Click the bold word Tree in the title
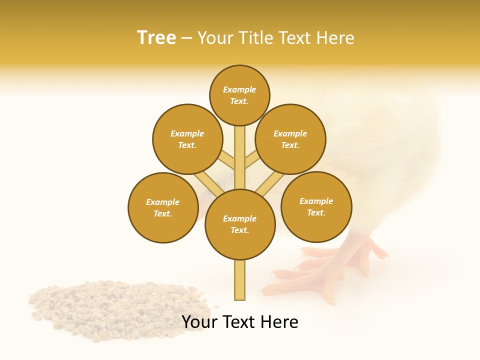pos(156,38)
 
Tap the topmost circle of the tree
pos(239,95)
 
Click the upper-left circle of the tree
pos(187,139)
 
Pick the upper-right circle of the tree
pos(290,139)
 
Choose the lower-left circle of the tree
pos(163,207)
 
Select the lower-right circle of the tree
pos(316,206)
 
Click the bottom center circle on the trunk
pos(240,224)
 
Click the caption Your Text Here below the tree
pos(239,322)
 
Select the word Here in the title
pos(335,38)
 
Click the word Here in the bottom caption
pos(279,322)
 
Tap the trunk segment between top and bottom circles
pos(240,157)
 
